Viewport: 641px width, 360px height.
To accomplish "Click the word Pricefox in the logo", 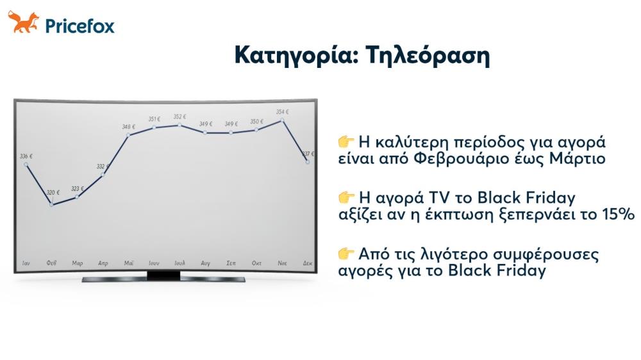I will (x=79, y=26).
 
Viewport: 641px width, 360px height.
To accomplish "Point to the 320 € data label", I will (x=53, y=192).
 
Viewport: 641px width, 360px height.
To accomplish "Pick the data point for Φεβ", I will (x=52, y=204).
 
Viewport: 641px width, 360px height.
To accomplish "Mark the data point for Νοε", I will (x=282, y=120).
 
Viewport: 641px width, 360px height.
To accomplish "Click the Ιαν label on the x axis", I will (x=26, y=263).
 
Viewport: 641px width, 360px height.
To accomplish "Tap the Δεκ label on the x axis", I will (x=308, y=263).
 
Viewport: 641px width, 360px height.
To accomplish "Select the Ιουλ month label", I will (x=180, y=263).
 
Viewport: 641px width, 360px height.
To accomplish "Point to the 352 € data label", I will (x=180, y=117).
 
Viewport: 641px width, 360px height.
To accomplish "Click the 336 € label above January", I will (x=26, y=156).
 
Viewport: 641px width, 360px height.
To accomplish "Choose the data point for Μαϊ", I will (x=129, y=135).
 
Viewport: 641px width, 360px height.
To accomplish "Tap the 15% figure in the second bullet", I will (x=615, y=215).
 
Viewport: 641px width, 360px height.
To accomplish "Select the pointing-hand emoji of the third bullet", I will (x=346, y=254).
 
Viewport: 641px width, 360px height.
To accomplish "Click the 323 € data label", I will (x=78, y=189).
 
